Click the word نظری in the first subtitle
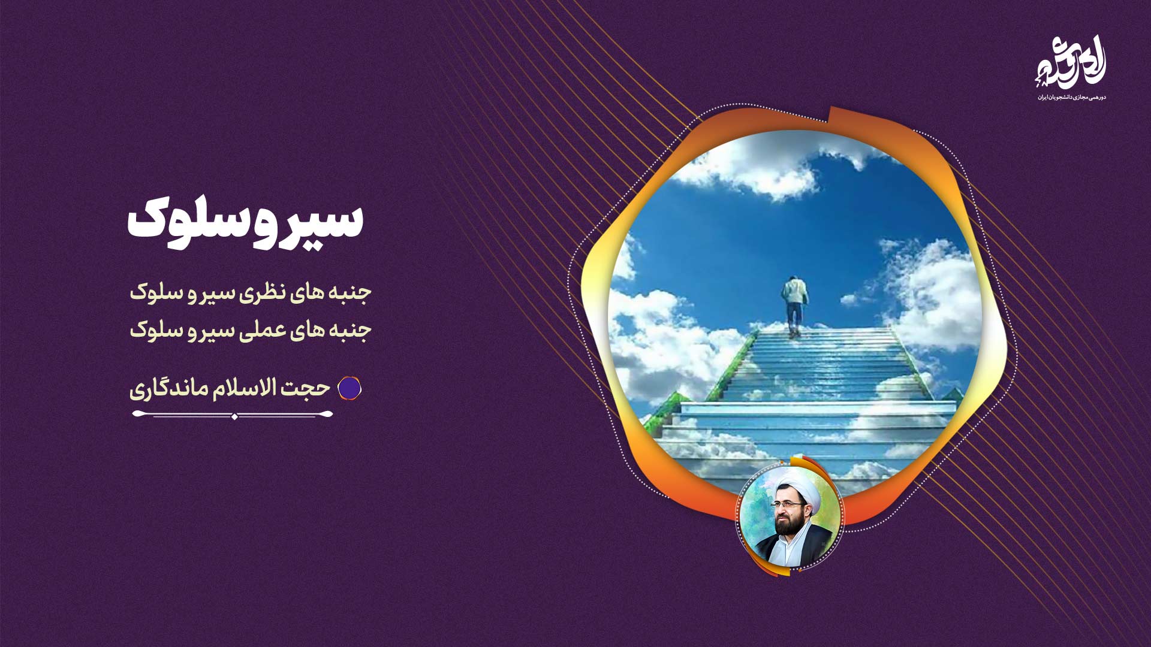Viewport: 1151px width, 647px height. tap(259, 293)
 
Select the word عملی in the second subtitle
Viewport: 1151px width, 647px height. tap(259, 330)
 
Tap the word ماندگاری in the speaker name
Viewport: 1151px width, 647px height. tap(168, 389)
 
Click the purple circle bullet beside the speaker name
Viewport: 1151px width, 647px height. tap(349, 389)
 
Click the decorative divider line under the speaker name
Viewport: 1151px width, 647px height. tap(233, 415)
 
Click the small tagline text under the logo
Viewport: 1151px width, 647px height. tap(1071, 97)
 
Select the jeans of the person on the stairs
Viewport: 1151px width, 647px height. tap(794, 318)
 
